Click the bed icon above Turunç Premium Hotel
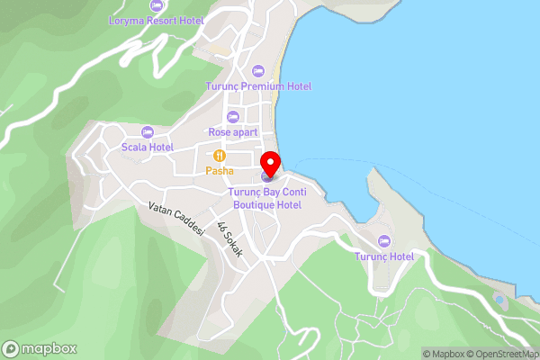tap(257, 70)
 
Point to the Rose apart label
tap(232, 131)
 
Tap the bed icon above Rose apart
tap(233, 116)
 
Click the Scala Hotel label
tap(148, 147)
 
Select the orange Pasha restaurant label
tap(220, 170)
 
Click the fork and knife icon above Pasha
tap(220, 156)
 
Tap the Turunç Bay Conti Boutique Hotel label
tap(264, 198)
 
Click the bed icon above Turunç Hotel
tap(384, 240)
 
